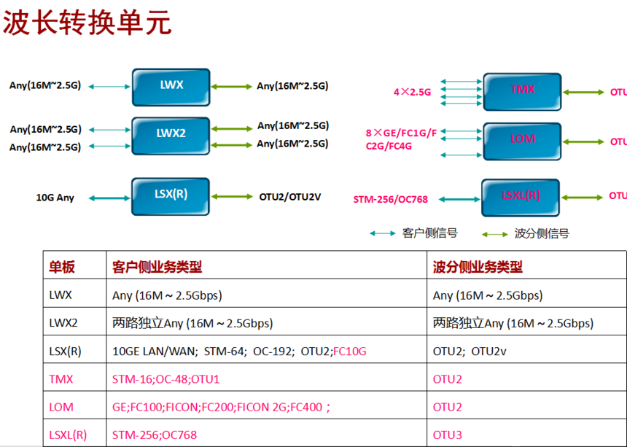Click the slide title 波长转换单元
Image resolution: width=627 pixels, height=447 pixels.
tap(87, 22)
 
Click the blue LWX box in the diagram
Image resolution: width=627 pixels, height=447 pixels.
tap(171, 86)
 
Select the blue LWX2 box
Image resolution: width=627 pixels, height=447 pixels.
tap(171, 134)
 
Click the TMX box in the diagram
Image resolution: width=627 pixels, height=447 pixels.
tap(522, 90)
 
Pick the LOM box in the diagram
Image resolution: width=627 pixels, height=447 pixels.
tap(522, 139)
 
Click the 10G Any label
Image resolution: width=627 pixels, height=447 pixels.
tap(55, 198)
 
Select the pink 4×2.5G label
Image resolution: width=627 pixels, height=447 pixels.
tap(413, 93)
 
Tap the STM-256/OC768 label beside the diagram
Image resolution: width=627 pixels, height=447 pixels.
tap(390, 199)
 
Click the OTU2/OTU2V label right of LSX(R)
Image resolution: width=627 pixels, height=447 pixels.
tap(290, 197)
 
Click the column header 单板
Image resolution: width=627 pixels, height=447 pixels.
tap(62, 268)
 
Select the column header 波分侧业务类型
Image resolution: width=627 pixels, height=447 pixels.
tap(478, 268)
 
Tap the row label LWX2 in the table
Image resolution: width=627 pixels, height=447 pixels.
tap(63, 323)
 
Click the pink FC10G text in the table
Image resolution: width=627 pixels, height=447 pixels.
tap(349, 351)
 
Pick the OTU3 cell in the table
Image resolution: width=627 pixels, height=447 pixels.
tap(448, 435)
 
